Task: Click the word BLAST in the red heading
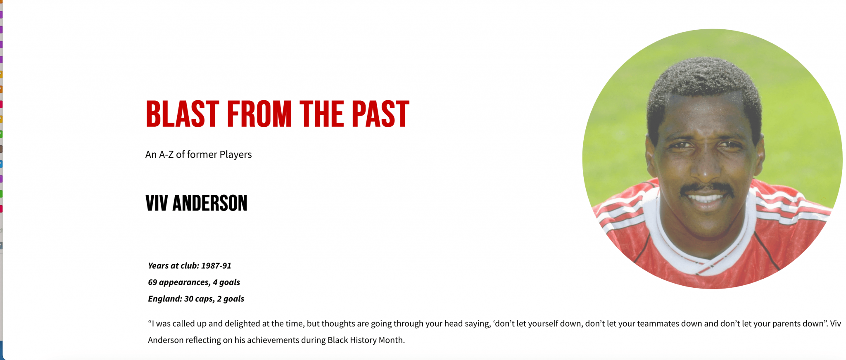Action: [183, 114]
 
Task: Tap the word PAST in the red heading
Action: [380, 114]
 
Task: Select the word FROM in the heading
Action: [259, 114]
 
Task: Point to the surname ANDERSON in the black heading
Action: [210, 203]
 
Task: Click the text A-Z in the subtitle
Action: [166, 154]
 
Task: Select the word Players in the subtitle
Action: [235, 154]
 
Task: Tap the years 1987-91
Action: [216, 265]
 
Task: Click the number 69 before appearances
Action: [152, 282]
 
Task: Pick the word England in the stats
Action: [165, 299]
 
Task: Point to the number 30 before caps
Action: [189, 298]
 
